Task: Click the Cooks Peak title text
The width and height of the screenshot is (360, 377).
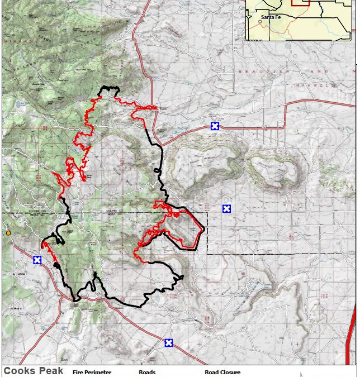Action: (x=33, y=371)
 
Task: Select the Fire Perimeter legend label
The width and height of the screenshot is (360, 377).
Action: (x=92, y=372)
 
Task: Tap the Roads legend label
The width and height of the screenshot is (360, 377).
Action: (x=147, y=372)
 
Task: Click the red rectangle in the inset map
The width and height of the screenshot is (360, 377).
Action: (x=300, y=3)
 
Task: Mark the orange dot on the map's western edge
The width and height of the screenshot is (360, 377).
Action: (x=8, y=232)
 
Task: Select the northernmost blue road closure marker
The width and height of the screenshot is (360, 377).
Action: (x=215, y=126)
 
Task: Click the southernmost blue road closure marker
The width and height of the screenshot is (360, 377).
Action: (x=168, y=343)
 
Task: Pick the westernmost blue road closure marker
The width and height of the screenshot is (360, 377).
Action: (x=37, y=260)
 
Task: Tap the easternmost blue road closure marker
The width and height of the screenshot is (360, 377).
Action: (x=226, y=209)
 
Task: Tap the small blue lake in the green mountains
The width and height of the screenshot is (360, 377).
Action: (x=21, y=104)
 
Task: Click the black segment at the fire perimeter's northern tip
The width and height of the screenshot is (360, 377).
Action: (x=108, y=89)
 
